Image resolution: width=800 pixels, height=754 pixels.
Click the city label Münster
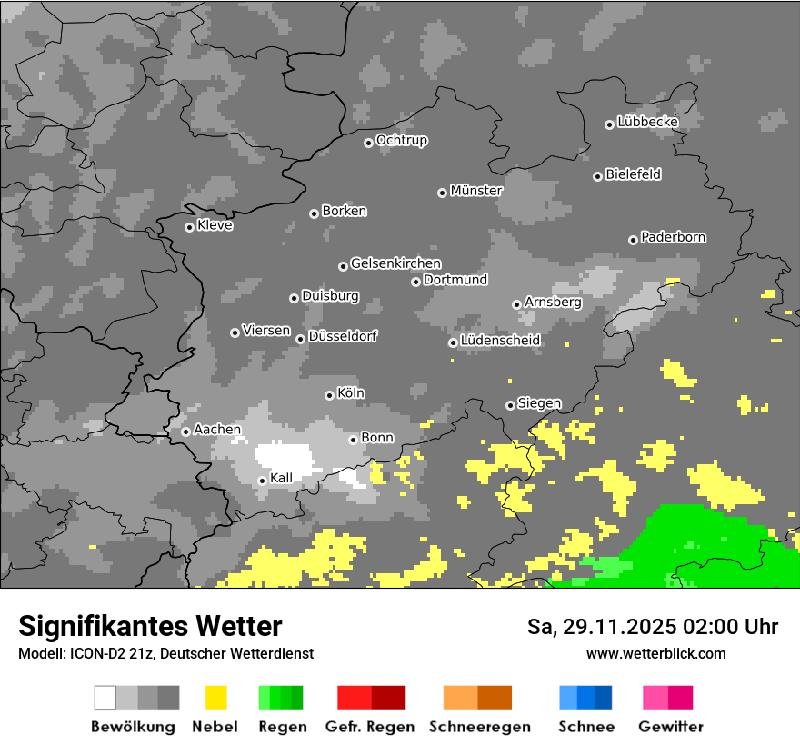tap(476, 191)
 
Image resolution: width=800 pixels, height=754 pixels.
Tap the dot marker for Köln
tap(329, 395)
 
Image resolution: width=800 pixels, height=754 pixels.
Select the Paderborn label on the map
tap(674, 237)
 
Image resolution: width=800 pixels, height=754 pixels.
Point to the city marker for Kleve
tap(189, 227)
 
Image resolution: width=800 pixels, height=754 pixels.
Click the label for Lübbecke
tap(647, 122)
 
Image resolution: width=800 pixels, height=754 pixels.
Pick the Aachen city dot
tap(185, 432)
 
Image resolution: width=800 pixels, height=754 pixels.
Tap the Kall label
tap(282, 478)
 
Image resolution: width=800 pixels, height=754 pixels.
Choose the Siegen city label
tap(539, 403)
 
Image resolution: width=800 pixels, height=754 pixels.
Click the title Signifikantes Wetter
tap(150, 626)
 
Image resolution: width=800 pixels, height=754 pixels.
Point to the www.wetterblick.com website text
tap(655, 653)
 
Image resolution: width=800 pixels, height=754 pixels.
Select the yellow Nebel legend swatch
tap(215, 698)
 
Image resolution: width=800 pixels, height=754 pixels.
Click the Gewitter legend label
tap(671, 727)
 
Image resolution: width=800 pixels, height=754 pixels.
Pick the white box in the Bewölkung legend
tap(105, 698)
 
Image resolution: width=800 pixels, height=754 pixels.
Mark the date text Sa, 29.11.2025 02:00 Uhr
tap(652, 627)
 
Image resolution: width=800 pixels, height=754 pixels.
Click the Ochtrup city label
tap(402, 141)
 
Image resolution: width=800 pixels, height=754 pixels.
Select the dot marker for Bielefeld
tap(597, 176)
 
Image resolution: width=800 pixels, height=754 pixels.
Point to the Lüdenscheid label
tap(500, 341)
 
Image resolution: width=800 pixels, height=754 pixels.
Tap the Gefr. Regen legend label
tap(370, 727)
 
